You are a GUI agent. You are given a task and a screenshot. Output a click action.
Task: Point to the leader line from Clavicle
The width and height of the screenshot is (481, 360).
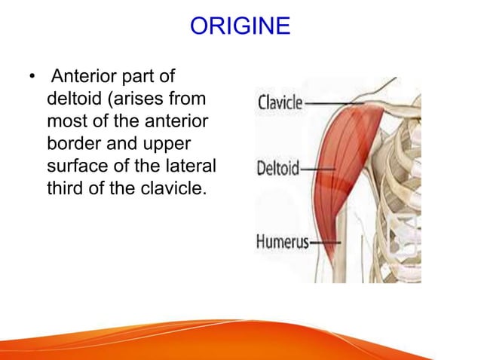coord(332,102)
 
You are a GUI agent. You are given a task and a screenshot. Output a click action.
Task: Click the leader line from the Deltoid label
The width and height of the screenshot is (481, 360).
coord(314,169)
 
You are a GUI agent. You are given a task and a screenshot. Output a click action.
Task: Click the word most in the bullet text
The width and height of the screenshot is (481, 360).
coord(63,121)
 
